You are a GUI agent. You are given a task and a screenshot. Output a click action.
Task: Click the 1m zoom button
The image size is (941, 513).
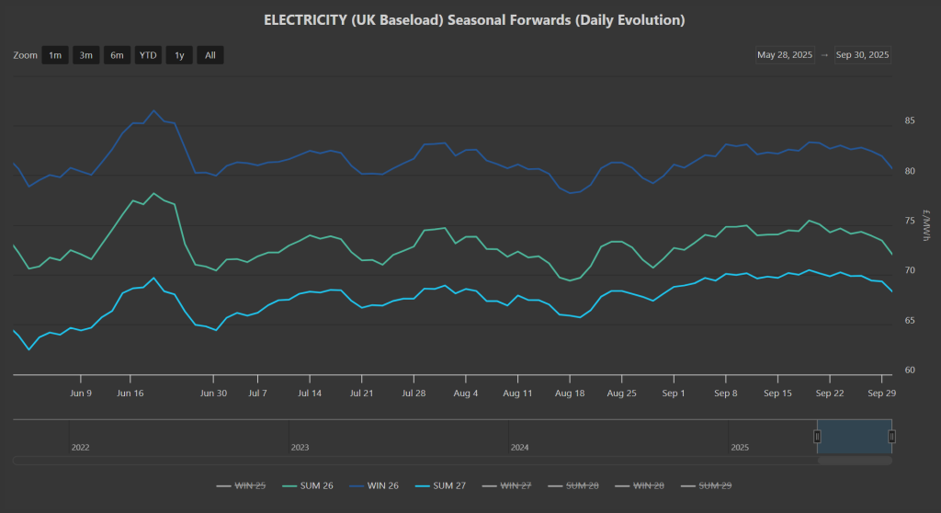pyautogui.click(x=55, y=55)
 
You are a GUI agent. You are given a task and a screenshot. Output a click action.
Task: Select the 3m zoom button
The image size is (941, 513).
pyautogui.click(x=86, y=55)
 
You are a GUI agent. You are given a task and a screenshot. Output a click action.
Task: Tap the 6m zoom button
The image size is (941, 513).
pyautogui.click(x=117, y=55)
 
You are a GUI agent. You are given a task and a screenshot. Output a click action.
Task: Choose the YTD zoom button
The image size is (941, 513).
pyautogui.click(x=147, y=55)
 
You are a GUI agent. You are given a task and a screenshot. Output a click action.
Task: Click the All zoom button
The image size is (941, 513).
pyautogui.click(x=210, y=55)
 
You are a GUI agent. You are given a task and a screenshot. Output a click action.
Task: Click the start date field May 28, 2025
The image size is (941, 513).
pyautogui.click(x=785, y=55)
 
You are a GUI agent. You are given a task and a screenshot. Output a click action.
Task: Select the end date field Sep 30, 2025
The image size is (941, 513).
pyautogui.click(x=862, y=55)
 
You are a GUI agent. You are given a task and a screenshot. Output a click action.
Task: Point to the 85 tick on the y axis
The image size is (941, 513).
pyautogui.click(x=910, y=121)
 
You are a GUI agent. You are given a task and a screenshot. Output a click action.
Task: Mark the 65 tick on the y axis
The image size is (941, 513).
pyautogui.click(x=910, y=321)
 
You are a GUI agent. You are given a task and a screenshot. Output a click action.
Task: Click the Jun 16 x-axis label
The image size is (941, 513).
pyautogui.click(x=130, y=393)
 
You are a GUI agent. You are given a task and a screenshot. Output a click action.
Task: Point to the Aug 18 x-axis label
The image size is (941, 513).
pyautogui.click(x=570, y=393)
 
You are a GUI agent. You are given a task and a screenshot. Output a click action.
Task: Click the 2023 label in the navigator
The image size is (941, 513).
pyautogui.click(x=300, y=448)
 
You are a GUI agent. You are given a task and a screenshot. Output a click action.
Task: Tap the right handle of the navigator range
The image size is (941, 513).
pyautogui.click(x=891, y=436)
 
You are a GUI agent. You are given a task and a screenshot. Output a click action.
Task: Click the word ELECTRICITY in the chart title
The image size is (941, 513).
pyautogui.click(x=304, y=19)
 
